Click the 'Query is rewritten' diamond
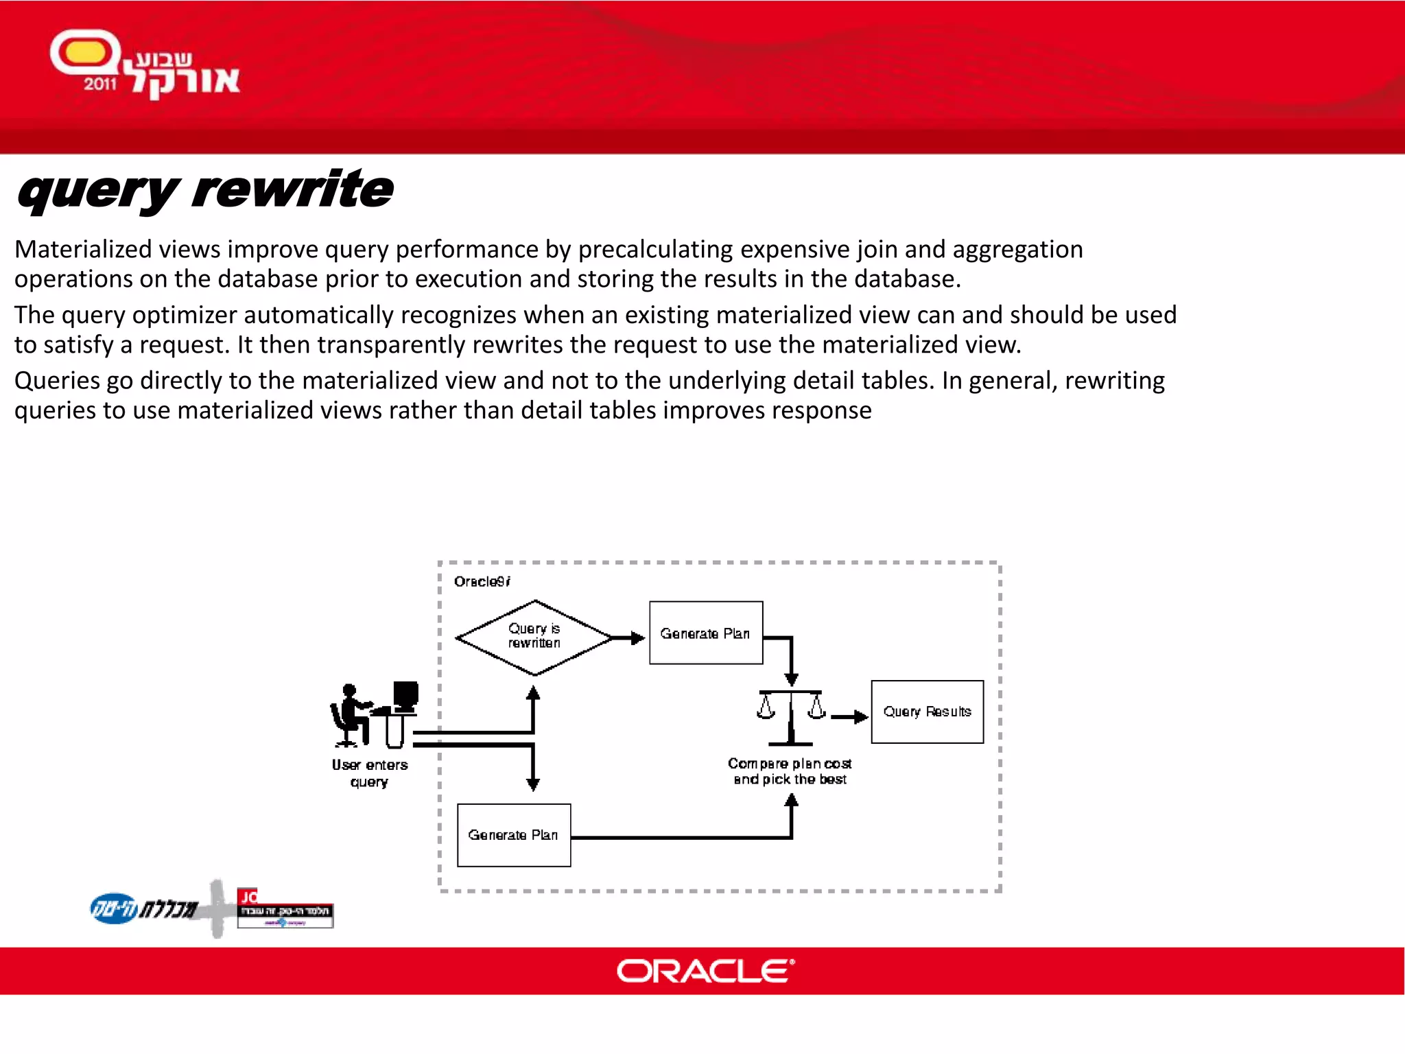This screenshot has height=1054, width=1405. click(x=534, y=637)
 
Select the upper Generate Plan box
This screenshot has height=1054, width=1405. click(x=705, y=633)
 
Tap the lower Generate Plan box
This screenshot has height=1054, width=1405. click(x=513, y=834)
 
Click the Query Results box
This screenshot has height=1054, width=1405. click(x=927, y=712)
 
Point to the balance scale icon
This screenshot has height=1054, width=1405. click(x=790, y=717)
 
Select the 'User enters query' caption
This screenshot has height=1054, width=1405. click(x=369, y=773)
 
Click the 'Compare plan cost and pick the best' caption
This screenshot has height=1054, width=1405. click(x=790, y=771)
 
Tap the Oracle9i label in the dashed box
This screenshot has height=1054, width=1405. click(x=482, y=582)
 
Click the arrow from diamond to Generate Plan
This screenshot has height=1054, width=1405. click(x=628, y=638)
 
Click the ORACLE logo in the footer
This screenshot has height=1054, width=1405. click(x=705, y=971)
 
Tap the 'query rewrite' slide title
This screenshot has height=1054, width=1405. click(x=205, y=190)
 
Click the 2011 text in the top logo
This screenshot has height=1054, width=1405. click(x=100, y=84)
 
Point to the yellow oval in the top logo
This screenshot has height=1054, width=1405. click(x=84, y=52)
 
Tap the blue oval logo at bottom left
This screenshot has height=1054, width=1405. click(x=114, y=909)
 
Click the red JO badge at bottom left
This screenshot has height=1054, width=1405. click(x=248, y=896)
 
